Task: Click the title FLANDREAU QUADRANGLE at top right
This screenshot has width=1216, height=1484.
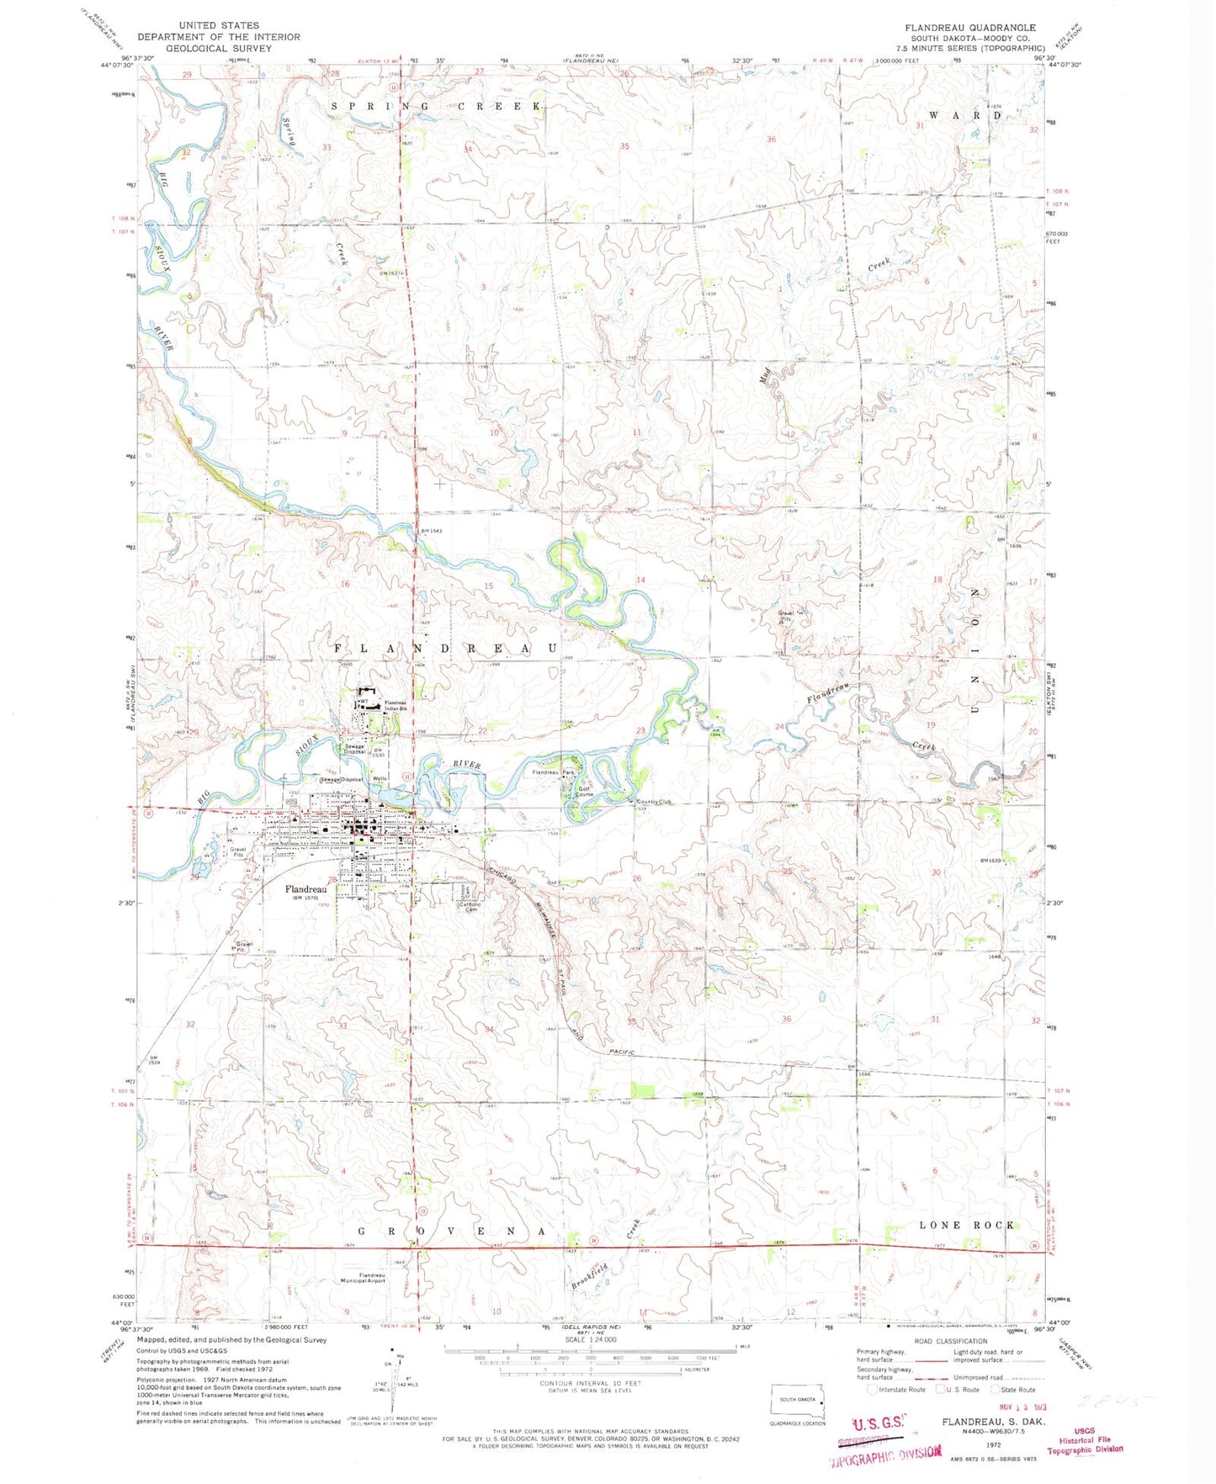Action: (x=970, y=28)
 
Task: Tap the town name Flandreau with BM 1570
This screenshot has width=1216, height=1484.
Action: (x=305, y=888)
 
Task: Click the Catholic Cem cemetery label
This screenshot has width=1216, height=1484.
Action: (x=469, y=907)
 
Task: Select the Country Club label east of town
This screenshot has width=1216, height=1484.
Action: (x=654, y=802)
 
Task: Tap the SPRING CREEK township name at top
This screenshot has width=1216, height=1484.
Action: (x=435, y=106)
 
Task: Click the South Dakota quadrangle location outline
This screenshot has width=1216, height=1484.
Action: (x=799, y=1402)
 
